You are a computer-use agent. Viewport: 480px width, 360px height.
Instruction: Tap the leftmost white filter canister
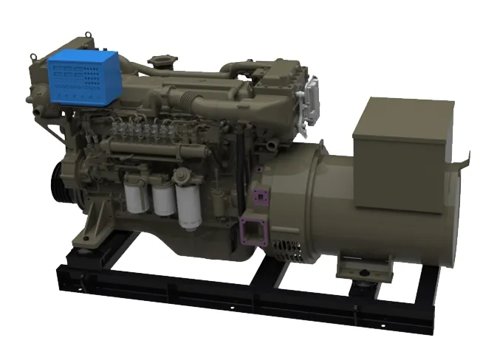[137, 193]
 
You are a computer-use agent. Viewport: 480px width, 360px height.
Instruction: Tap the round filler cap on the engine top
[159, 60]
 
